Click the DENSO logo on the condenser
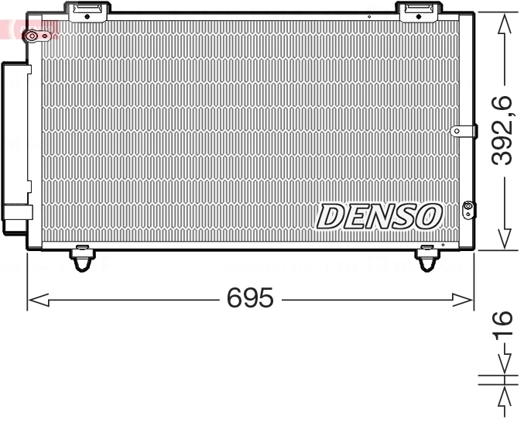[379, 216]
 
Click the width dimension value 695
[250, 298]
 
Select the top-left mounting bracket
[87, 11]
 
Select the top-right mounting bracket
[418, 10]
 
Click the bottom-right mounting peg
[427, 257]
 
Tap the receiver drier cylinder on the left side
[16, 147]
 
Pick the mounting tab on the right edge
[462, 132]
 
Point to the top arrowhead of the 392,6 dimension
[505, 23]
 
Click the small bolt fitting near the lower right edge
[467, 207]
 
